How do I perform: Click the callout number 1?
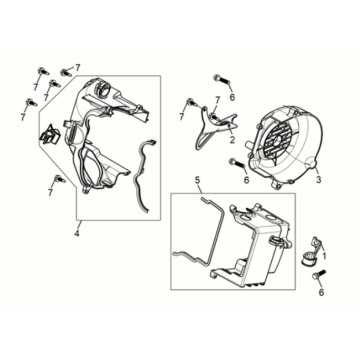click(x=325, y=256)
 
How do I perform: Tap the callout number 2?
click(x=232, y=140)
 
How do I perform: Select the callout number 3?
click(x=318, y=180)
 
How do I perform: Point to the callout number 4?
click(x=77, y=234)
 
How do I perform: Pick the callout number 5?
click(x=197, y=181)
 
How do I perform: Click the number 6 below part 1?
click(x=321, y=292)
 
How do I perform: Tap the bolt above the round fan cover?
click(x=220, y=79)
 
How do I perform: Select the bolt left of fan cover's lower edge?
click(x=236, y=163)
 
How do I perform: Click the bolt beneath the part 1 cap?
click(x=318, y=275)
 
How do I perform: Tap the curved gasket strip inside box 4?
click(x=143, y=174)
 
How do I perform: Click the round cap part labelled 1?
click(x=309, y=256)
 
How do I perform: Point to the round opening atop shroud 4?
click(x=102, y=88)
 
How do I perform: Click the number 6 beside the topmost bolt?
click(x=232, y=97)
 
